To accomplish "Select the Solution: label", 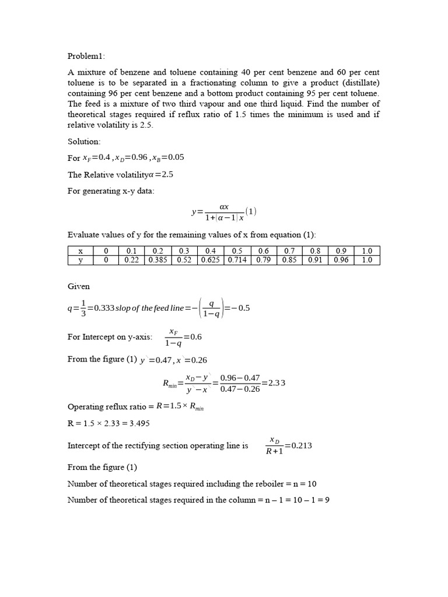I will pos(84,142).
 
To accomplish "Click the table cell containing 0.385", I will pos(158,260).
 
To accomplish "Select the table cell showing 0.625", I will pos(211,260).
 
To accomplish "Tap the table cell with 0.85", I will pos(289,260).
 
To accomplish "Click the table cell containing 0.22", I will pos(132,260).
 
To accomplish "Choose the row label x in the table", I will pos(80,251).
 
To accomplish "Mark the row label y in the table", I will pos(80,260).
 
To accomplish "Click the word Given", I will pos(79,287).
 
